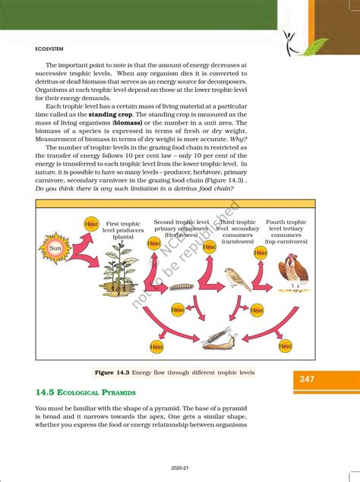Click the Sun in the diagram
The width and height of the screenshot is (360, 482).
point(55,247)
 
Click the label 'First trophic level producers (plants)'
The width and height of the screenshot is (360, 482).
point(123,230)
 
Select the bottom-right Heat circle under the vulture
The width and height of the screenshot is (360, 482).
point(285,346)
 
